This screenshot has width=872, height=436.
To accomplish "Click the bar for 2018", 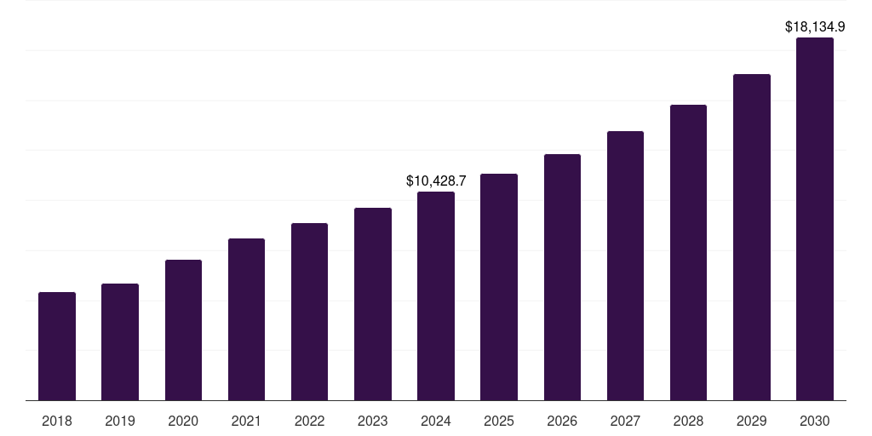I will pos(57,346).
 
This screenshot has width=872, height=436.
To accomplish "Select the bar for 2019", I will pos(120,341).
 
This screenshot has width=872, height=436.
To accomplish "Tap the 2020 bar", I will pos(183,330).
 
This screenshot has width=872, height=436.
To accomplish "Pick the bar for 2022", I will pos(309,312).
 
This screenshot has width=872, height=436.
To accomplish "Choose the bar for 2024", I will pos(436,295).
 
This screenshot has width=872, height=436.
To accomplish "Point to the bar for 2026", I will pos(562,277).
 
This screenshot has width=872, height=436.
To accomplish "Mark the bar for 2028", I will pos(688,252).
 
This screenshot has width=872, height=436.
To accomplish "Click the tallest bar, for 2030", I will pos(815,219).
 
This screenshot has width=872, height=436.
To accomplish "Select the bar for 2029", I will pos(752,237).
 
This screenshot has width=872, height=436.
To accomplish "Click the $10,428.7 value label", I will pos(436,181).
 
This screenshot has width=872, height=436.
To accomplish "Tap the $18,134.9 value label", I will pos(815,27).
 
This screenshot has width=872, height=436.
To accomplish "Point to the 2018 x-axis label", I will pos(57,421).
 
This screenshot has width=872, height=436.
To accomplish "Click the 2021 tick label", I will pos(246,421).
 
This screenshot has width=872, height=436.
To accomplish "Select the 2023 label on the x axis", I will pos(372,421).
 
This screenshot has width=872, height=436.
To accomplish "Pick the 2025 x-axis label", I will pos(499,421).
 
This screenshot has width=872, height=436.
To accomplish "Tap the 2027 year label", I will pos(625,421).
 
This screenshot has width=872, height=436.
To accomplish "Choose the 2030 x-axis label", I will pos(815,421).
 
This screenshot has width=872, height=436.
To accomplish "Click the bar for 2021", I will pos(246,319).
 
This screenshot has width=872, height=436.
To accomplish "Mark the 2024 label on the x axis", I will pos(436,421).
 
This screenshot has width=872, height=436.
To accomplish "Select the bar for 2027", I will pos(625,266).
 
